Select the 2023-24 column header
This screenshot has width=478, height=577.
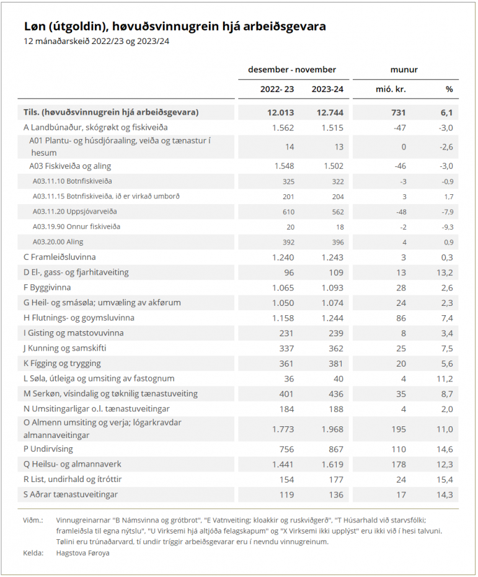click(327, 89)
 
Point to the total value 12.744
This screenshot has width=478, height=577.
click(330, 112)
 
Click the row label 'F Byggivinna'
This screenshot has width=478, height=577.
click(47, 287)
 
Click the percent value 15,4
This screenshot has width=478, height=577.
click(446, 479)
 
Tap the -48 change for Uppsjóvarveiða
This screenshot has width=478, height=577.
click(400, 211)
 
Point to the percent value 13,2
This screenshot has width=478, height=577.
click(446, 272)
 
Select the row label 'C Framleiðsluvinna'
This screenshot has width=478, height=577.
click(60, 257)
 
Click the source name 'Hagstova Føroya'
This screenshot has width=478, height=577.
click(82, 553)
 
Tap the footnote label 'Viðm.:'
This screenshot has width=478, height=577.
click(33, 520)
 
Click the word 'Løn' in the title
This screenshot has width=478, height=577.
click(36, 27)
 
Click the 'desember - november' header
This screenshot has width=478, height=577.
click(291, 69)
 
